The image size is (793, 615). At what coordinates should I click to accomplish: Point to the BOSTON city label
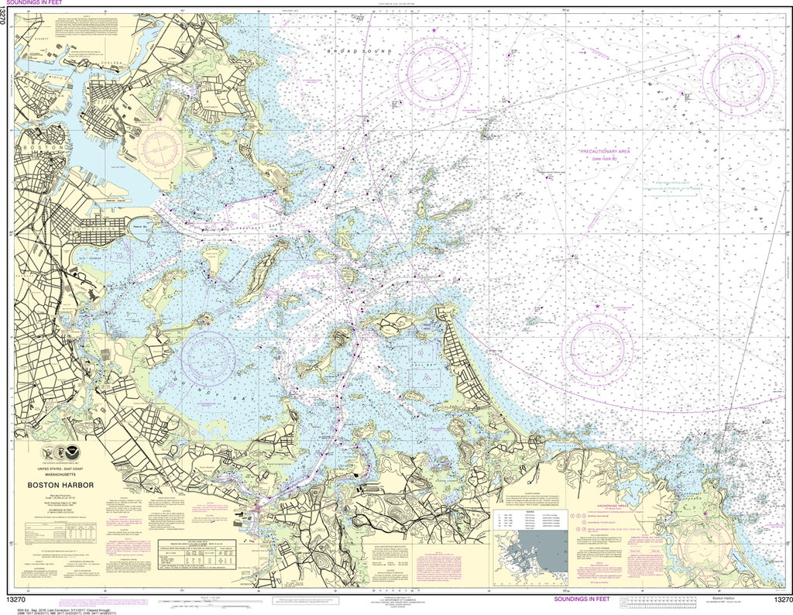tap(36, 147)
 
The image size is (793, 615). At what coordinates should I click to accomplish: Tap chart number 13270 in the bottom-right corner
tap(778, 600)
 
